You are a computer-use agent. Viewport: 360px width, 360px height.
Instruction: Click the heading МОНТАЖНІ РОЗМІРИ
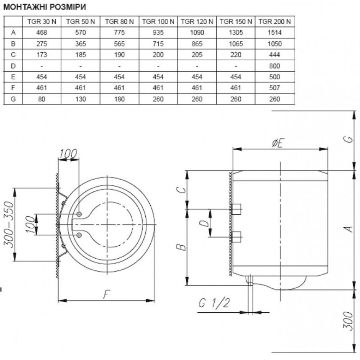pyautogui.click(x=45, y=7)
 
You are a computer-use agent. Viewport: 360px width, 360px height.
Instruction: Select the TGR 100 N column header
pyautogui.click(x=158, y=22)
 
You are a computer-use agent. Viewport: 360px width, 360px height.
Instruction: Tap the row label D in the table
pyautogui.click(x=13, y=66)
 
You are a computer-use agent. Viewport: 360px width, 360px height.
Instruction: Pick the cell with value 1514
pyautogui.click(x=275, y=32)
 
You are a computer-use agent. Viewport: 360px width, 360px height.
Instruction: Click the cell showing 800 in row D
pyautogui.click(x=275, y=66)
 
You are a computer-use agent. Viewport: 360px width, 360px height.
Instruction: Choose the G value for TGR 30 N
pyautogui.click(x=41, y=99)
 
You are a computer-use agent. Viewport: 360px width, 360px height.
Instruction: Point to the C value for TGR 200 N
pyautogui.click(x=275, y=55)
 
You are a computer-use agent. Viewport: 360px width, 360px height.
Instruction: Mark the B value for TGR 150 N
pyautogui.click(x=236, y=44)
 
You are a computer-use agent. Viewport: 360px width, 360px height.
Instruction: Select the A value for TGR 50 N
pyautogui.click(x=80, y=32)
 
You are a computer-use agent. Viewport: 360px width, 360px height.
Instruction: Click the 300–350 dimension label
pyautogui.click(x=9, y=224)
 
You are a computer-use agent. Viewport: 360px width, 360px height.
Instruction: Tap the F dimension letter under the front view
pyautogui.click(x=106, y=294)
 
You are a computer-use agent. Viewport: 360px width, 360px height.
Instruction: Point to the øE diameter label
pyautogui.click(x=278, y=143)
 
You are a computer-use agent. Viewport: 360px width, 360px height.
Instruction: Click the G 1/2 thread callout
pyautogui.click(x=214, y=303)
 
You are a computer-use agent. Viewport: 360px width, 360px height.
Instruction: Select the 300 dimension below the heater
pyautogui.click(x=348, y=321)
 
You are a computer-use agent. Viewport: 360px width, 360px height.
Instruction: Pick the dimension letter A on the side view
pyautogui.click(x=349, y=229)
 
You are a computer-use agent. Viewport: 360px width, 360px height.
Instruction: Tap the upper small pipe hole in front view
pyautogui.click(x=79, y=214)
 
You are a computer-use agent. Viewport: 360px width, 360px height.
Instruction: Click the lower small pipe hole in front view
pyautogui.click(x=79, y=235)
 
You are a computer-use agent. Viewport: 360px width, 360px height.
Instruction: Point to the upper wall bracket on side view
pyautogui.click(x=236, y=209)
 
